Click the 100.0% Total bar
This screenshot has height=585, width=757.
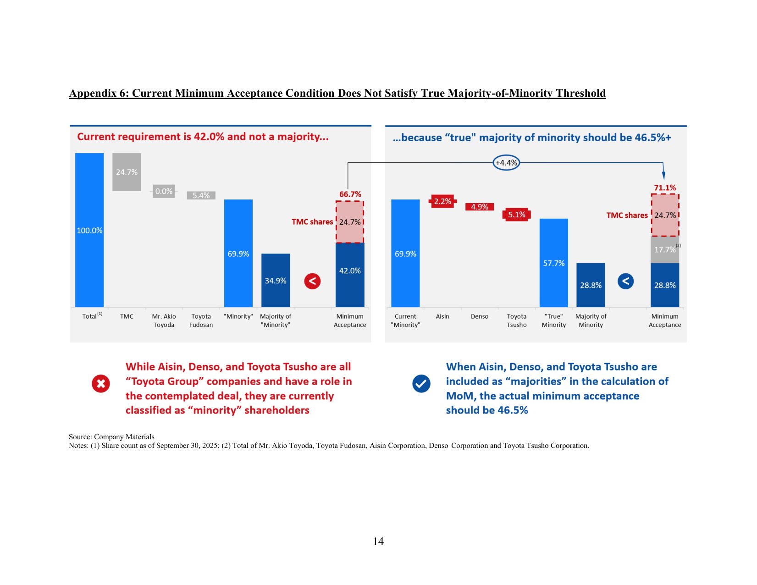tap(89, 230)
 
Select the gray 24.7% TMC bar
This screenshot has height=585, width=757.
tap(127, 172)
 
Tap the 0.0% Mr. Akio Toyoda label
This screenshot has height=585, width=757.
tap(164, 191)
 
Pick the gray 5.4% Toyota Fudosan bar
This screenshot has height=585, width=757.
tap(201, 195)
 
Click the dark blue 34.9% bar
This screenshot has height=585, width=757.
tap(276, 280)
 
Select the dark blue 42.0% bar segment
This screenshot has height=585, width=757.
tap(350, 275)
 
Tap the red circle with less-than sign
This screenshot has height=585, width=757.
tap(312, 281)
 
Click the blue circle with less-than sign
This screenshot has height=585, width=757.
tap(625, 281)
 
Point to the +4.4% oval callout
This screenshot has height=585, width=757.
tap(506, 163)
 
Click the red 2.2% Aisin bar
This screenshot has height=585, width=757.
tap(442, 201)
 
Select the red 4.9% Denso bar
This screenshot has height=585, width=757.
tap(480, 207)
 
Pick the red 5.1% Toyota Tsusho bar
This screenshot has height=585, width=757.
tap(517, 215)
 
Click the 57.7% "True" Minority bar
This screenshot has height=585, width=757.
tap(553, 263)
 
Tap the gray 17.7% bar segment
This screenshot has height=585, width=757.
tap(665, 250)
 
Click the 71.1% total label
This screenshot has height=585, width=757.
tap(665, 188)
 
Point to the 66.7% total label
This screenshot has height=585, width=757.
tap(350, 194)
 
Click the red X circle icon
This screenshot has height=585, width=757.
tap(101, 384)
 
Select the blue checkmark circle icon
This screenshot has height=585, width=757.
tap(421, 384)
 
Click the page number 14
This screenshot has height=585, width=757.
tap(378, 541)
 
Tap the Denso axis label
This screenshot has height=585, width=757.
tap(480, 316)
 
